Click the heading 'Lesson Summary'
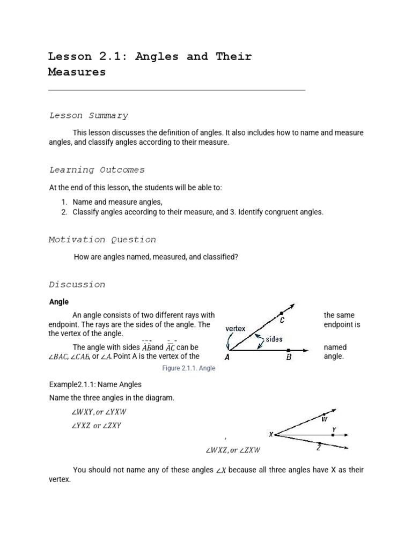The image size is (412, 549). (89, 115)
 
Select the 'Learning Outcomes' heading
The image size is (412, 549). (97, 170)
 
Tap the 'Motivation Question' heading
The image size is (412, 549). (102, 240)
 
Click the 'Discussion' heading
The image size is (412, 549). (77, 285)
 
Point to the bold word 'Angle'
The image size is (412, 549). (59, 302)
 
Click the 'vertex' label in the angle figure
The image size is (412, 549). (236, 329)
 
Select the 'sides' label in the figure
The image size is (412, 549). (274, 339)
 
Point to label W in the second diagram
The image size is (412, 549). (324, 419)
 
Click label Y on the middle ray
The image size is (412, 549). (334, 429)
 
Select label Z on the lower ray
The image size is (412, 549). (319, 448)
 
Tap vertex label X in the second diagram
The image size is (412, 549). (271, 434)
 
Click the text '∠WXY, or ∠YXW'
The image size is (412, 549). (99, 412)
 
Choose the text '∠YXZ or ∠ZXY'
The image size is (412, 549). (97, 426)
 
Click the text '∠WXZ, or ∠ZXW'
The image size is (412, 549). (233, 450)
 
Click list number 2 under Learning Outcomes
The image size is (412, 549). (63, 212)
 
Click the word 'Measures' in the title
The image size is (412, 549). (77, 72)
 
